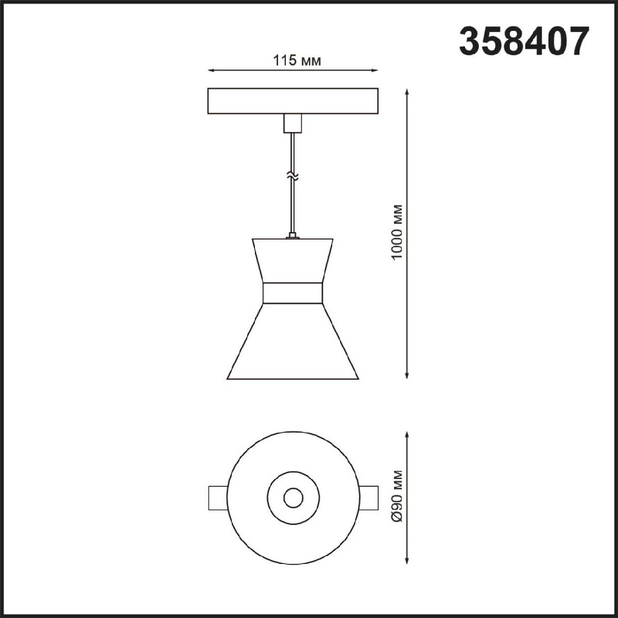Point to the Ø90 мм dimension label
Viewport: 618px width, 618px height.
coord(396,496)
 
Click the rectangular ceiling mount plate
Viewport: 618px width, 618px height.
coord(293,101)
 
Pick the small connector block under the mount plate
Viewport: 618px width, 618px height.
coord(293,124)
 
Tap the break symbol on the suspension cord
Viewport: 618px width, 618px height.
coord(293,177)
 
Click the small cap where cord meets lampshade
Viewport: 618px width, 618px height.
coord(293,236)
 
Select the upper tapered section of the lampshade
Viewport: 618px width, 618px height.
coord(293,261)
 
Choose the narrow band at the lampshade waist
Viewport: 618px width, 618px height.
coord(293,293)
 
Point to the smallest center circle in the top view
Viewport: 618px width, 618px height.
coord(293,497)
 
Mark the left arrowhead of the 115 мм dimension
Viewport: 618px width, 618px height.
coord(210,71)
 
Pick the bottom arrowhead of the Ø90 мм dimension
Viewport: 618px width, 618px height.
coord(408,560)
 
